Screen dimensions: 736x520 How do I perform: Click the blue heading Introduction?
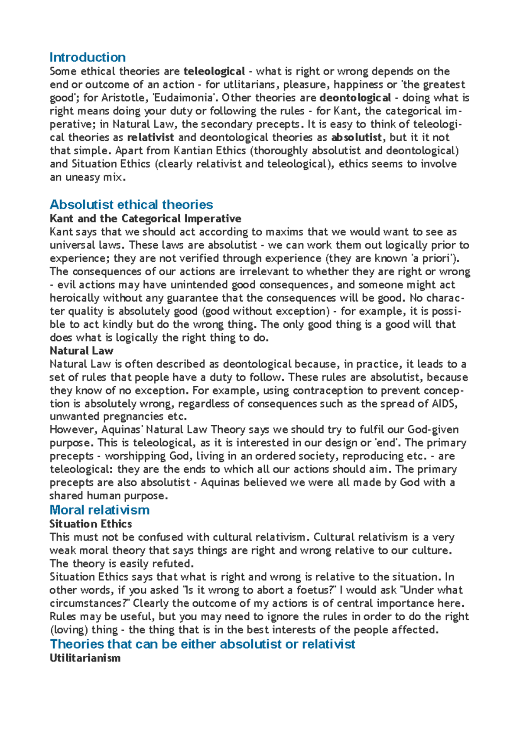pyautogui.click(x=88, y=57)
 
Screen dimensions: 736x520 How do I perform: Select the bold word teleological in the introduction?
pyautogui.click(x=214, y=71)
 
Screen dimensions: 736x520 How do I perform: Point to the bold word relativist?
pyautogui.click(x=150, y=137)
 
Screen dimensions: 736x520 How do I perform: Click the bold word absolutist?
pyautogui.click(x=356, y=137)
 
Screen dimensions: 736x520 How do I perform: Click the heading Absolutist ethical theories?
pyautogui.click(x=131, y=205)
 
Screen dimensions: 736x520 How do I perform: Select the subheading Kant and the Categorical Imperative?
pyautogui.click(x=145, y=218)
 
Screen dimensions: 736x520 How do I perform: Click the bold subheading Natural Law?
pyautogui.click(x=81, y=351)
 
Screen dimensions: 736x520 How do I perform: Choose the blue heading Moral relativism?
pyautogui.click(x=100, y=510)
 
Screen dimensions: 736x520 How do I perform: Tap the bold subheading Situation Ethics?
pyautogui.click(x=91, y=524)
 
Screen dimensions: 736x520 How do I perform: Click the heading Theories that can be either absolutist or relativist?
pyautogui.click(x=202, y=644)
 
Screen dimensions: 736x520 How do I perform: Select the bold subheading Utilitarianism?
pyautogui.click(x=85, y=658)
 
